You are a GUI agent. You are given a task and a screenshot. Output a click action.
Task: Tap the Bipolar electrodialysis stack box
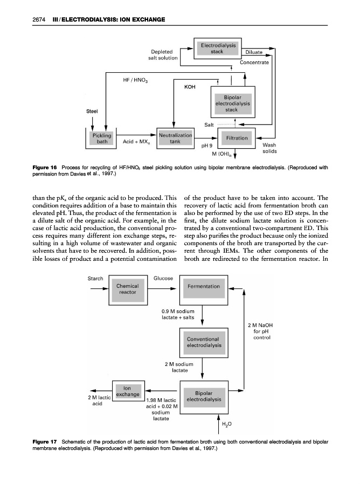click(232, 102)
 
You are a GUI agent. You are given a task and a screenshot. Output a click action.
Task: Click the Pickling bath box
click(101, 138)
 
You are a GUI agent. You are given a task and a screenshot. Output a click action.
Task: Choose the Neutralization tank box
click(175, 138)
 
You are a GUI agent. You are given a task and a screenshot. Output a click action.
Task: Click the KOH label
click(190, 86)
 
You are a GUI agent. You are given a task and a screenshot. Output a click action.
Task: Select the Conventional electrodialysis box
click(203, 342)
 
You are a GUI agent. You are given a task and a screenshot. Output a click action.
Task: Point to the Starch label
click(96, 278)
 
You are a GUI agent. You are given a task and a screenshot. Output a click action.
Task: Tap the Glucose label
click(163, 278)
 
